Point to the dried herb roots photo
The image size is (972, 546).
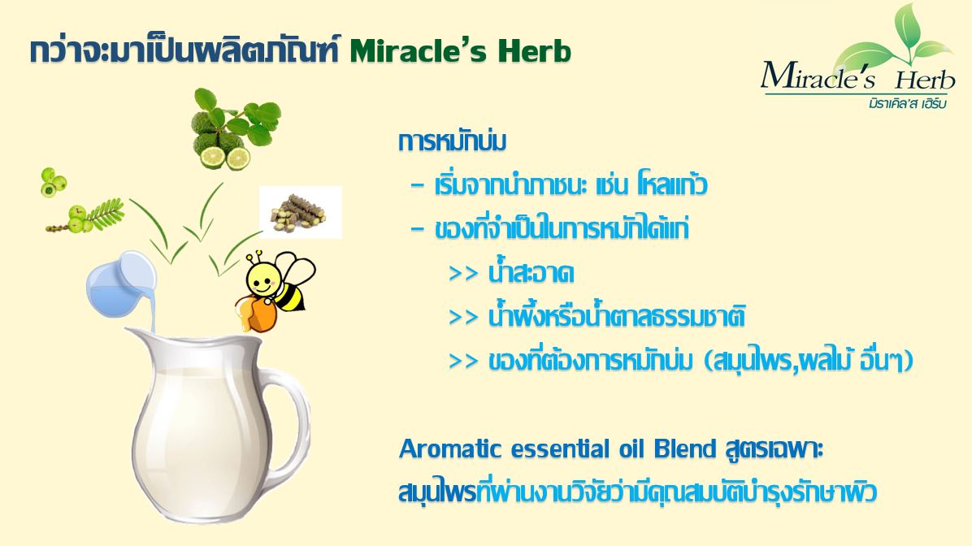(x=301, y=212)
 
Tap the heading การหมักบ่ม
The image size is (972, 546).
(x=452, y=141)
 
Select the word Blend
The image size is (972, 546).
(x=685, y=448)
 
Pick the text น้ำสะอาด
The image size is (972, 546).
(x=532, y=273)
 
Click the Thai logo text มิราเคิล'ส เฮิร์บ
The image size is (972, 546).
(x=908, y=103)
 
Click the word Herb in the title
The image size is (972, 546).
(x=534, y=52)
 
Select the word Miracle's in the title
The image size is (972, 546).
(x=419, y=52)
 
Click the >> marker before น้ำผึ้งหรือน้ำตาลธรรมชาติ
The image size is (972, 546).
(x=463, y=318)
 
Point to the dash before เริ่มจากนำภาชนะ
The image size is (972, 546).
(x=418, y=185)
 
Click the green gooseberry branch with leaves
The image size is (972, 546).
(x=86, y=215)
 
